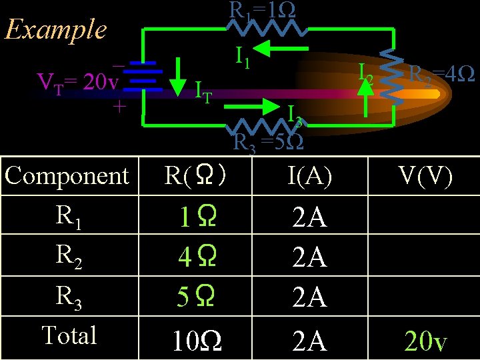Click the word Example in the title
(55, 29)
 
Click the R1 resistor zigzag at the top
(267, 29)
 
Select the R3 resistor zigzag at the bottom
(267, 125)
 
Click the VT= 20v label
(77, 82)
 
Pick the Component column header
(67, 176)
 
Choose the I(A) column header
(310, 176)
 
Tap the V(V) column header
(425, 176)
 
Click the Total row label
(69, 335)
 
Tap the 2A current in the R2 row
(310, 257)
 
